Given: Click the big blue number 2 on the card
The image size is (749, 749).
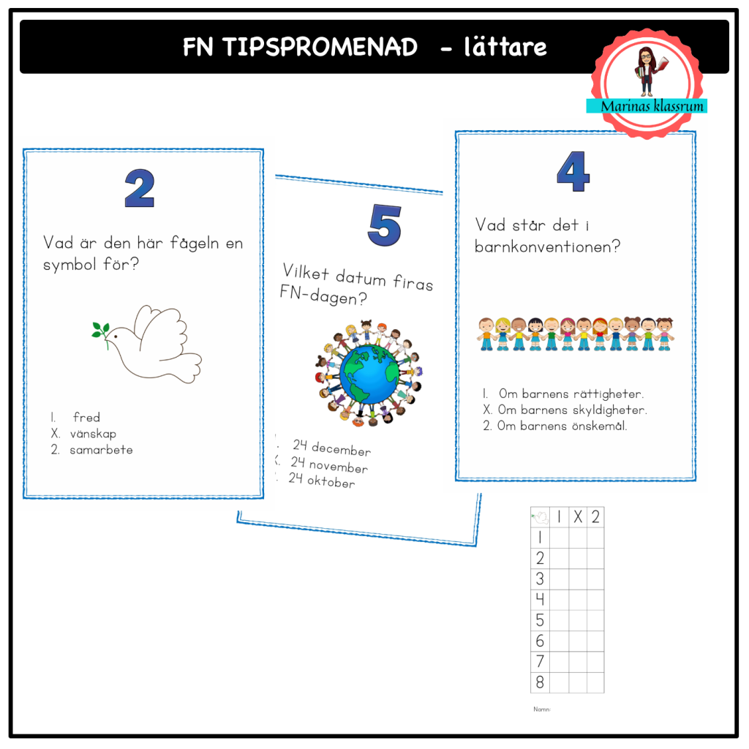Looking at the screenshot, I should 139,188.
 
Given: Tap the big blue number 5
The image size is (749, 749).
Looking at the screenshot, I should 383,225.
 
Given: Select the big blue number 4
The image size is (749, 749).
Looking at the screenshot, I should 573,173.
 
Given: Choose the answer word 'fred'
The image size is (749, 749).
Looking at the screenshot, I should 86,418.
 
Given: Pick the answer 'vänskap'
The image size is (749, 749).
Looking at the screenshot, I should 93,434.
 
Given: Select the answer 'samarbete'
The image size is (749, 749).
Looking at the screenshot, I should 101,450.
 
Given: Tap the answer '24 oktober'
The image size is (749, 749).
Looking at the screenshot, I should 322,481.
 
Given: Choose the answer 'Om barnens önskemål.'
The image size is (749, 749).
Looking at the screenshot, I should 562,426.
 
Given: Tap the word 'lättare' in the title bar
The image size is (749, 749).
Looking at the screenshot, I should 505,48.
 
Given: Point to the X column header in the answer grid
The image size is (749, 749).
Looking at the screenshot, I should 577,517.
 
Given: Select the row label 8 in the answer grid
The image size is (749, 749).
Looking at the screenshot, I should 540,682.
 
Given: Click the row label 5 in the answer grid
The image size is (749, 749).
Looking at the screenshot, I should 540,620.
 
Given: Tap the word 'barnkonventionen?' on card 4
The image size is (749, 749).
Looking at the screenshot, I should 547,247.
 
